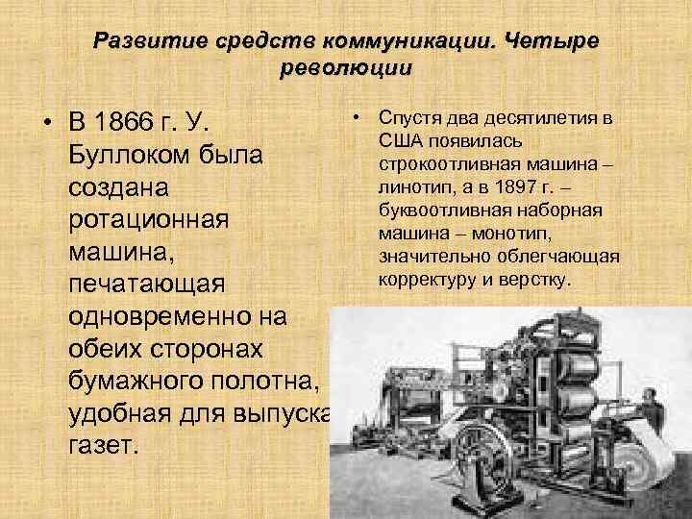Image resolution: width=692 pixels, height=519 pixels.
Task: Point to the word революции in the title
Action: [346, 69]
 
